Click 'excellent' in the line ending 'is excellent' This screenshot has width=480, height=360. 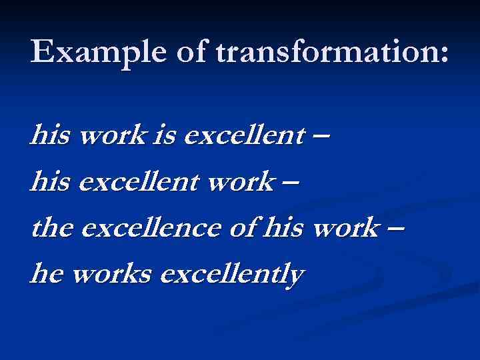coord(243,137)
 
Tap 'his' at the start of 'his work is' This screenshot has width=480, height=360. coord(51,137)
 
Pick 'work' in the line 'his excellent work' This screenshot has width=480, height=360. coord(237,182)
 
